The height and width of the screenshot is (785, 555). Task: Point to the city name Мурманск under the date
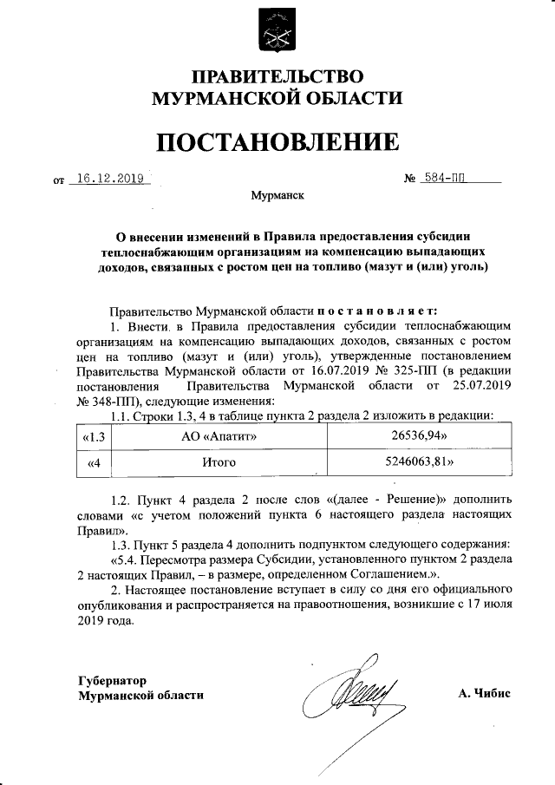[277, 197]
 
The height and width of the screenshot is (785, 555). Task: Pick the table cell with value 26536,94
[422, 436]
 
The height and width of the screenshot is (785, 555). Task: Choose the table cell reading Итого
[219, 463]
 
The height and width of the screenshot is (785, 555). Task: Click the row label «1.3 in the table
[93, 436]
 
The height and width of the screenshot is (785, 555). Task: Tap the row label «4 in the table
[95, 463]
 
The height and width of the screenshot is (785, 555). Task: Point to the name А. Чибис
[486, 694]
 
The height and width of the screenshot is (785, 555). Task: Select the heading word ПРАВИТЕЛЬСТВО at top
[277, 76]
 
